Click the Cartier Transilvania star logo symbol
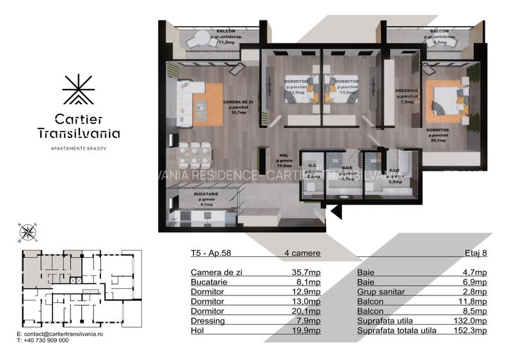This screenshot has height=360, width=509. pyautogui.click(x=78, y=91)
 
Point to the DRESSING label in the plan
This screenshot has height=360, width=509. pyautogui.click(x=407, y=91)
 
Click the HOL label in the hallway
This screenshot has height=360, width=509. pyautogui.click(x=285, y=155)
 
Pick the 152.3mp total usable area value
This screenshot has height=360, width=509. pyautogui.click(x=473, y=331)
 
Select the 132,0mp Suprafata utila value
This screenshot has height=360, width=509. pyautogui.click(x=473, y=321)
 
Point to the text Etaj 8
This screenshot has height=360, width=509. pyautogui.click(x=475, y=253)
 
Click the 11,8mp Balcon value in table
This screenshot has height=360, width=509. pyautogui.click(x=473, y=301)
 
